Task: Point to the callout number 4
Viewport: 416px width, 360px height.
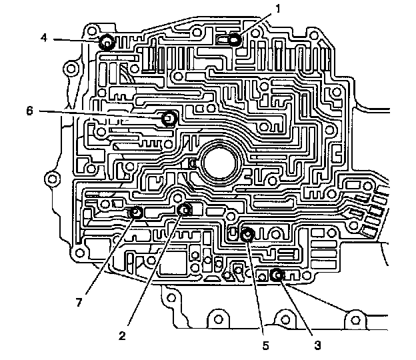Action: pyautogui.click(x=43, y=37)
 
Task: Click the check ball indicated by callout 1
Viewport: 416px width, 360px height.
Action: pyautogui.click(x=233, y=40)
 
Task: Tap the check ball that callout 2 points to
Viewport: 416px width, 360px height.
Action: pyautogui.click(x=185, y=210)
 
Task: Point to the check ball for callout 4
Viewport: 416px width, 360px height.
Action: pyautogui.click(x=106, y=43)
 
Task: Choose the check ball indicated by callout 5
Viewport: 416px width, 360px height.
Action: pyautogui.click(x=247, y=234)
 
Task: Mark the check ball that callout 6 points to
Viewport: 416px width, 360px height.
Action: pyautogui.click(x=169, y=119)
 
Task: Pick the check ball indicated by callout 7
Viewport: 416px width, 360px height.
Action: pyautogui.click(x=136, y=213)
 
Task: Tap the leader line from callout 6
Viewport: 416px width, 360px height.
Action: pyautogui.click(x=100, y=115)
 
